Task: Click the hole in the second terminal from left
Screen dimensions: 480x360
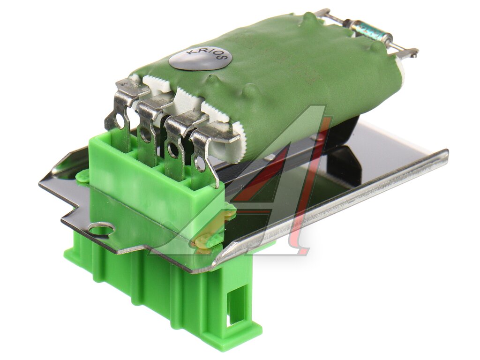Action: tap(144, 134)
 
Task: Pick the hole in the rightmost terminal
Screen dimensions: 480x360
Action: tap(200, 164)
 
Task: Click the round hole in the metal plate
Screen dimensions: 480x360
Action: tap(101, 229)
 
